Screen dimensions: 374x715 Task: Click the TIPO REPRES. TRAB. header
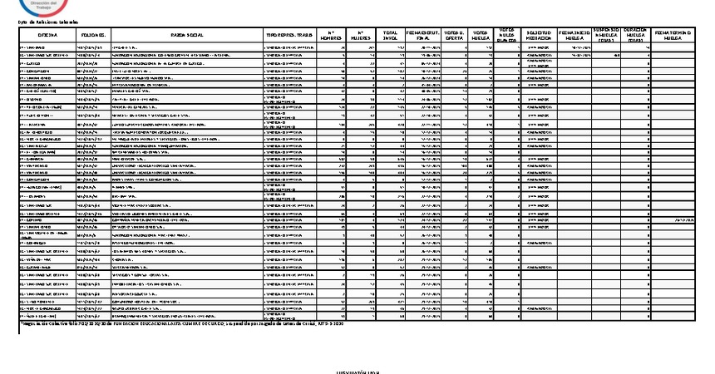(x=289, y=36)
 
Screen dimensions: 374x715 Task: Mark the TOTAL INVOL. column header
(x=389, y=36)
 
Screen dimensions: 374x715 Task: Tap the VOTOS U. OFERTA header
(x=454, y=36)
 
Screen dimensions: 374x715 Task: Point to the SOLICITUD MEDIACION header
(x=540, y=36)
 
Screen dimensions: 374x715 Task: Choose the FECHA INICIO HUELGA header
(x=574, y=36)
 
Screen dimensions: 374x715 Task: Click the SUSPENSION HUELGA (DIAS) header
(x=607, y=36)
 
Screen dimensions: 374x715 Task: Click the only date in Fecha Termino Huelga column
(x=683, y=220)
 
